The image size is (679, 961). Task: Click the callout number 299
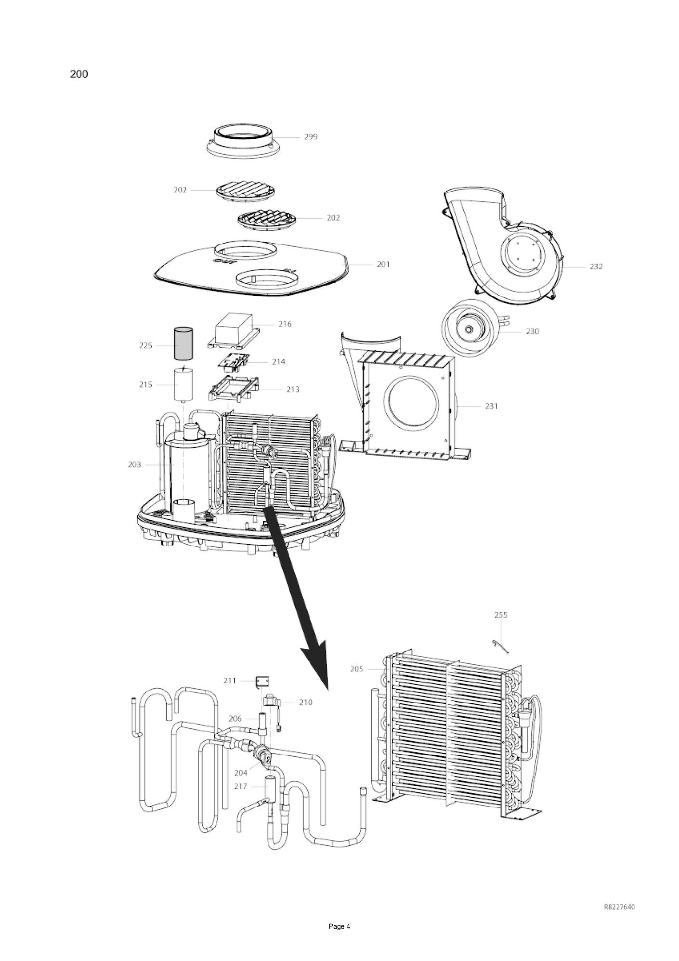tap(311, 137)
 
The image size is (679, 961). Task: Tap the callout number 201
tap(383, 264)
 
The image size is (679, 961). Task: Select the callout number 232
tap(596, 266)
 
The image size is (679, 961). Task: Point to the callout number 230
tap(533, 331)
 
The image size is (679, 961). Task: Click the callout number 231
tap(491, 406)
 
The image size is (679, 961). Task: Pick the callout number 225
tap(146, 345)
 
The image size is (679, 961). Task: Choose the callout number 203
tap(134, 464)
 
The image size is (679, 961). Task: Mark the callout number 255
tap(501, 615)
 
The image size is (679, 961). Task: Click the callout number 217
tap(240, 786)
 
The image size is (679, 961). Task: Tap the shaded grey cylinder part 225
tap(183, 342)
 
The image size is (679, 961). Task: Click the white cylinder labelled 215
tap(183, 384)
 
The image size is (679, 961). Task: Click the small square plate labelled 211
tap(262, 681)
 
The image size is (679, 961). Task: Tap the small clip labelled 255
tap(499, 646)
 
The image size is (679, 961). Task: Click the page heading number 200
tap(79, 74)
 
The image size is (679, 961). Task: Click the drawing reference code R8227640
tap(619, 907)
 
